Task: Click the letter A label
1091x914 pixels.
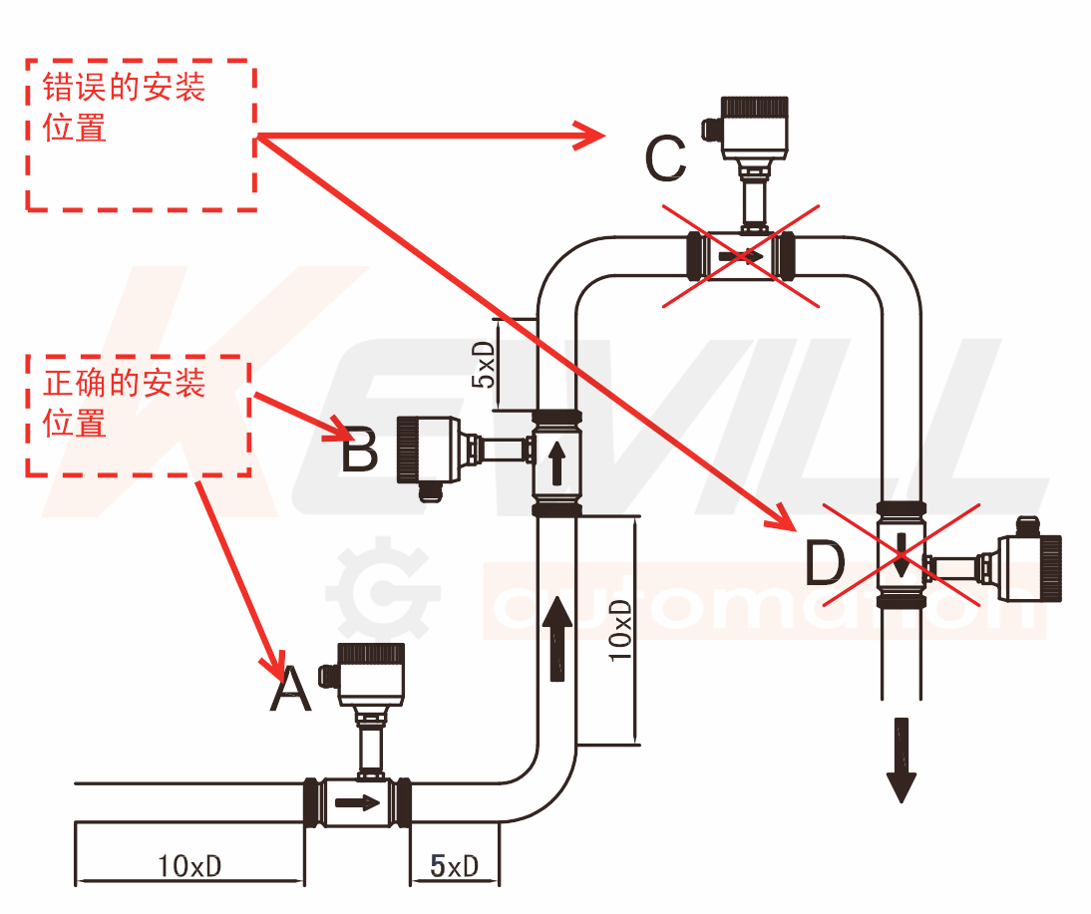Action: click(291, 690)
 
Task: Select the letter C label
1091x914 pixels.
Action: click(665, 158)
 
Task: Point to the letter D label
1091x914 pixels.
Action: click(825, 563)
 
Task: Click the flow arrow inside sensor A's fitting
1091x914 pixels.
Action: click(357, 802)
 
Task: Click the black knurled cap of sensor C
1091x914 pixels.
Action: click(756, 108)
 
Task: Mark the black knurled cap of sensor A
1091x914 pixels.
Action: click(371, 654)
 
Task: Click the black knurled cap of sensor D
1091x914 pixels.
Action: click(1050, 567)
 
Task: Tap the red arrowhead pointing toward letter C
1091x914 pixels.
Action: click(590, 136)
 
